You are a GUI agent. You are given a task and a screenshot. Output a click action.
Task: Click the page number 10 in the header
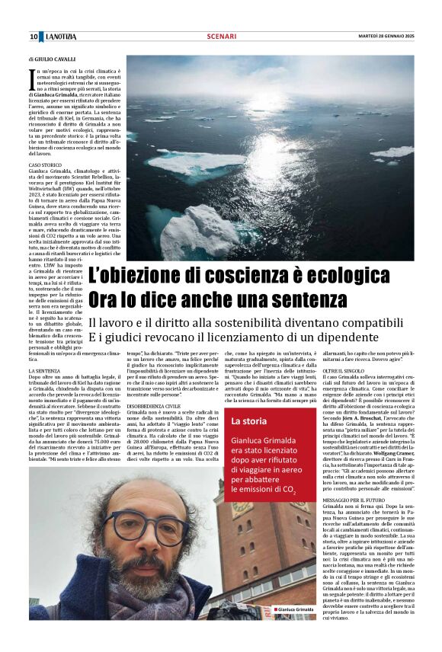34,37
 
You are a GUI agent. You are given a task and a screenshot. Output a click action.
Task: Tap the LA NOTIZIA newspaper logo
60,37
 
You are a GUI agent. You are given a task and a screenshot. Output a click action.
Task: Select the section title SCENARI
221,37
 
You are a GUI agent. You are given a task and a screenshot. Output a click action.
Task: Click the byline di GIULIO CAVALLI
53,59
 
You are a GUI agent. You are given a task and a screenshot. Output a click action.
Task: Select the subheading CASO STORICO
45,165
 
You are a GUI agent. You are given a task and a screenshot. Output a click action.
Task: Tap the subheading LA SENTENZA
44,370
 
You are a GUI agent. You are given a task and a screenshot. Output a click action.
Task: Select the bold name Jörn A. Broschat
359,418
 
